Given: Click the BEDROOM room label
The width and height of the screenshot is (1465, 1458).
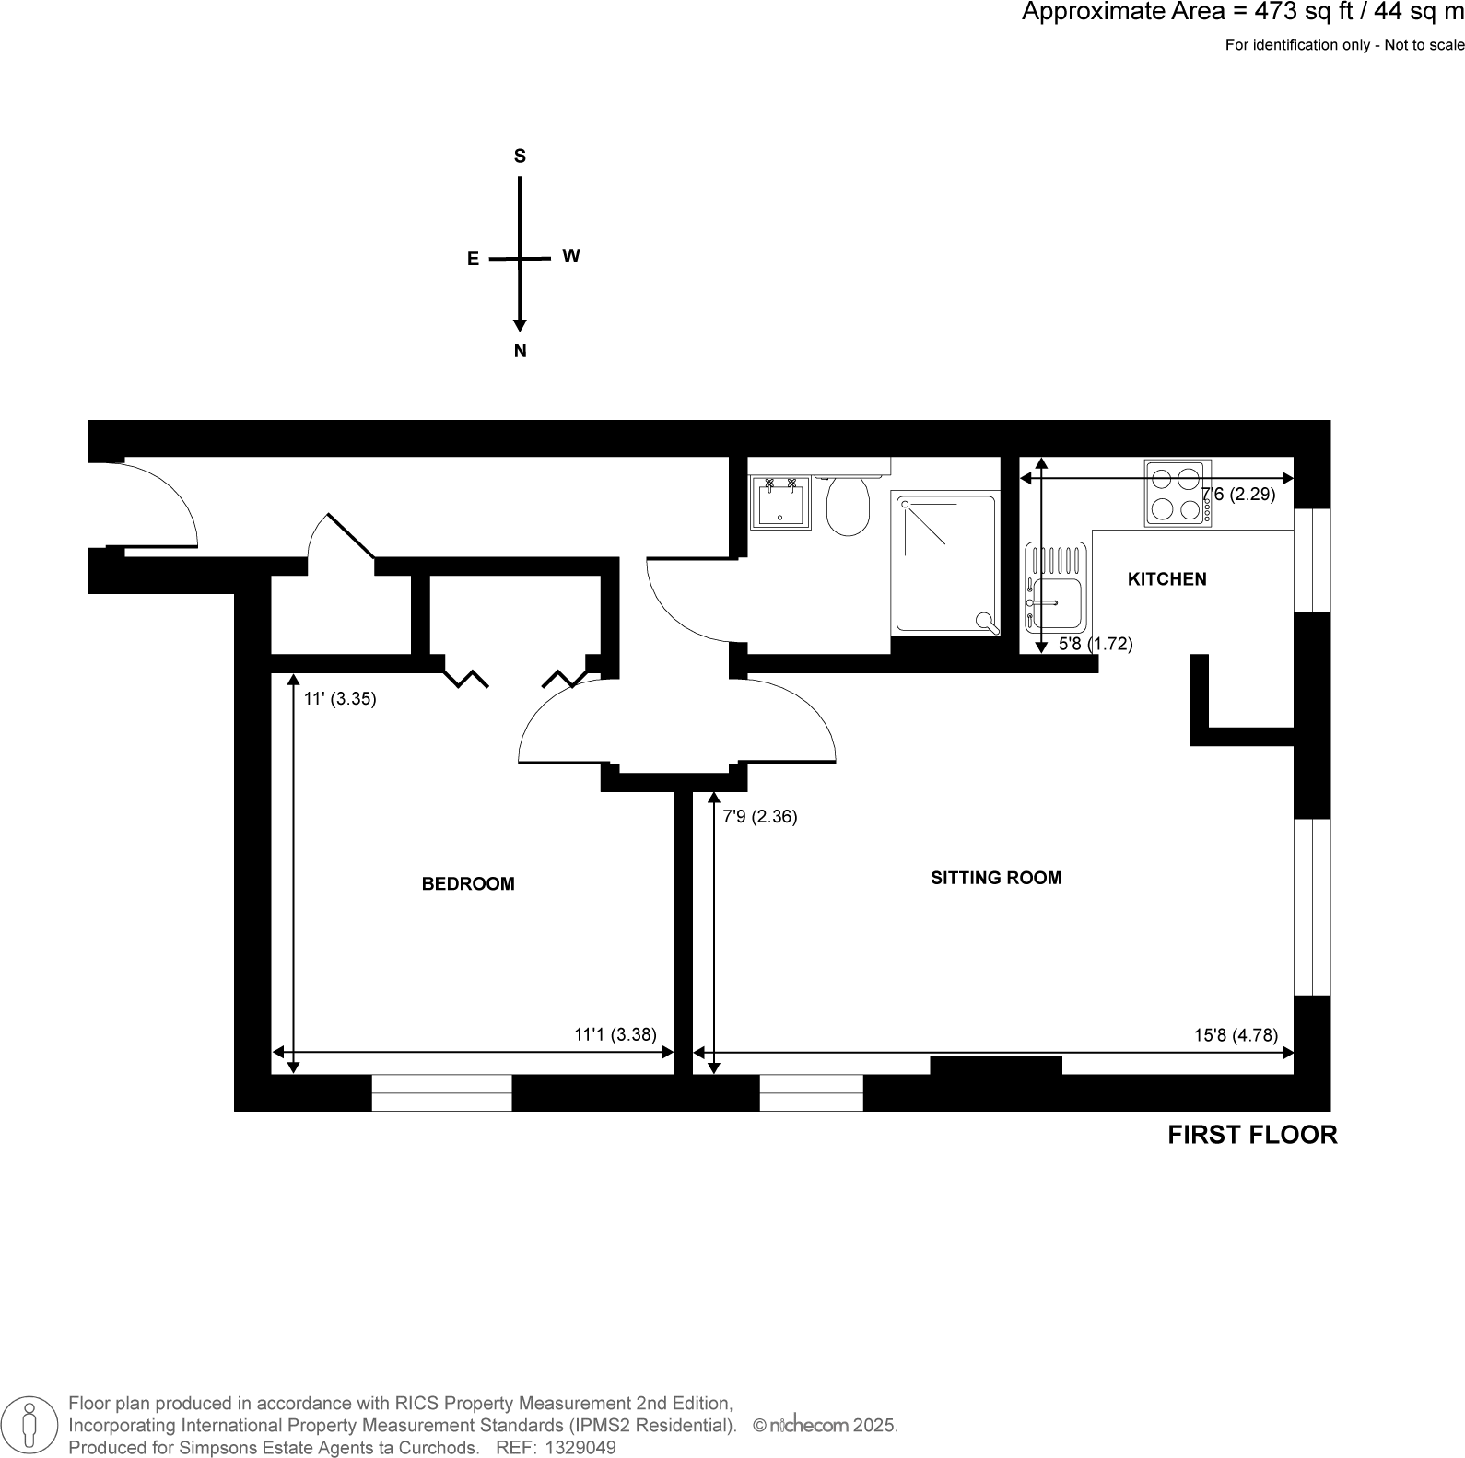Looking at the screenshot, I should pyautogui.click(x=468, y=884).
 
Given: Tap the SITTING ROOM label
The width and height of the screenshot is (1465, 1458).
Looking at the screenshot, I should pyautogui.click(x=996, y=878).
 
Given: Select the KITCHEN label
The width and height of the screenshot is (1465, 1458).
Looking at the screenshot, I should pyautogui.click(x=1166, y=579).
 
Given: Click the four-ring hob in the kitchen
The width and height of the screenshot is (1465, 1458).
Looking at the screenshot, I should pyautogui.click(x=1178, y=494).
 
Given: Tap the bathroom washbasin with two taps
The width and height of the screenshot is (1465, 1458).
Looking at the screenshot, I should pyautogui.click(x=779, y=503).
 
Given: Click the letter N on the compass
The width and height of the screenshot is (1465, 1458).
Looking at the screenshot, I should pyautogui.click(x=520, y=351).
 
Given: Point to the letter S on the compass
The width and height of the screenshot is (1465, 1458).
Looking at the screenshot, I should pyautogui.click(x=520, y=157).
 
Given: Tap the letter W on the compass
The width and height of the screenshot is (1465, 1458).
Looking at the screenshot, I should pyautogui.click(x=571, y=257).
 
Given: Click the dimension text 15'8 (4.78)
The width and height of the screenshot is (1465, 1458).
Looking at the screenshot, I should pyautogui.click(x=1236, y=1035).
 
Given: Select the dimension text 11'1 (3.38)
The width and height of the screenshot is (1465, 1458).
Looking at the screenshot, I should pyautogui.click(x=615, y=1035).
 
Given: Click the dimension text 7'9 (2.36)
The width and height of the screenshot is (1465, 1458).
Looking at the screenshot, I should pyautogui.click(x=759, y=817).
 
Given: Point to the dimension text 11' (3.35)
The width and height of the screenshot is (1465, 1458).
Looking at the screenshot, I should pyautogui.click(x=340, y=699).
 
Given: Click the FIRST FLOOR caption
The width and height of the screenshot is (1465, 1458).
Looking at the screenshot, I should pyautogui.click(x=1251, y=1136).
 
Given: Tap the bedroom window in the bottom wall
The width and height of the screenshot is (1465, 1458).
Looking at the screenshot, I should pyautogui.click(x=441, y=1093).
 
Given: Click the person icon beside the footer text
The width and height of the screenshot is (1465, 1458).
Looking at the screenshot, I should pyautogui.click(x=30, y=1425).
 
